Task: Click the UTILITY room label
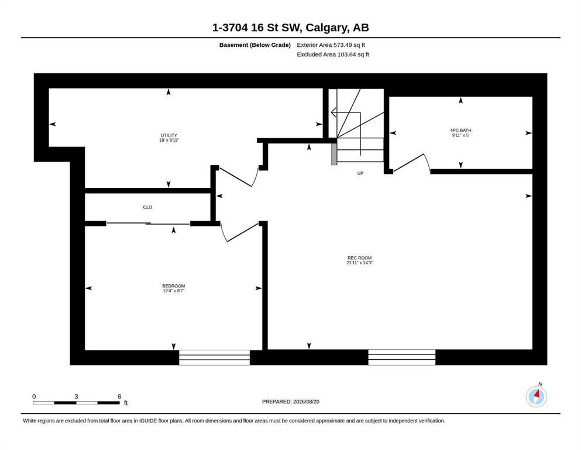click(x=169, y=135)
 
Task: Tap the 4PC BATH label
click(x=460, y=130)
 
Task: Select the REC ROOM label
click(x=359, y=258)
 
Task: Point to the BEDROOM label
click(x=173, y=286)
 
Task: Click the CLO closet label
click(x=147, y=207)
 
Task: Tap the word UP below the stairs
click(x=360, y=173)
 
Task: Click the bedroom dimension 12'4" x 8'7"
click(x=173, y=291)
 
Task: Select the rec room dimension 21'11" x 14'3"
click(x=359, y=262)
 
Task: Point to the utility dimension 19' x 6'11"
click(x=169, y=140)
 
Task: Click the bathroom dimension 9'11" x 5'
click(x=460, y=135)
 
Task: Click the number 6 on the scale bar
click(x=119, y=397)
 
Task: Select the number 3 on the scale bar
click(x=76, y=397)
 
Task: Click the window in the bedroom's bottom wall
click(x=215, y=357)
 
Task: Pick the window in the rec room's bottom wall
click(x=401, y=357)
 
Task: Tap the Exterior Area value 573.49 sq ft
click(x=349, y=45)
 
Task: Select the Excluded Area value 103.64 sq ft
click(x=353, y=54)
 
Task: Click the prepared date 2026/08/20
click(x=306, y=402)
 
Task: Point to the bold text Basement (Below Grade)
click(x=255, y=45)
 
